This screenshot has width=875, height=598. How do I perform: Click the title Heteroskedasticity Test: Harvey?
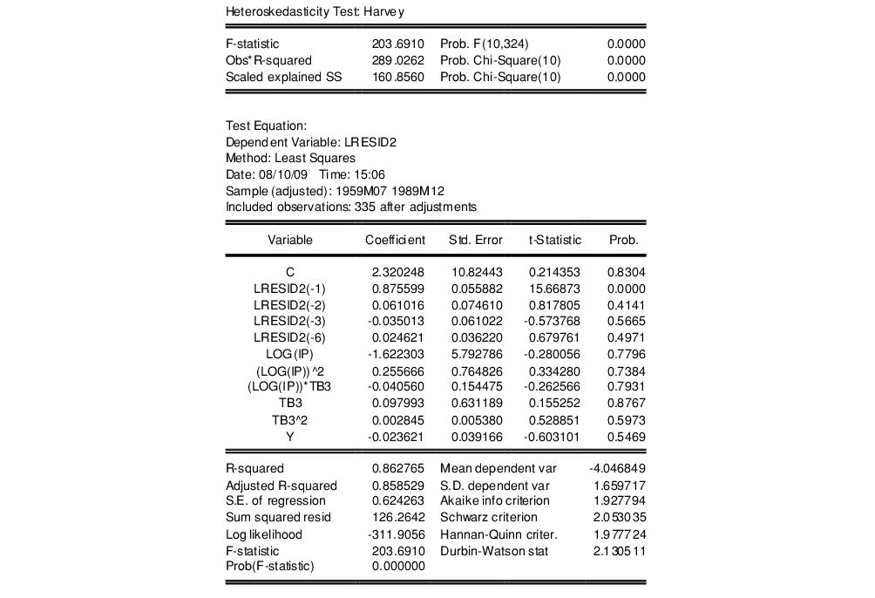pos(315,12)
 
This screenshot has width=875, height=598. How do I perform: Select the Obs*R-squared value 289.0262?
pos(398,60)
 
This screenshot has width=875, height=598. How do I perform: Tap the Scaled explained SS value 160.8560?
pos(398,77)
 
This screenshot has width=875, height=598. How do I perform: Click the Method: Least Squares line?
pos(290,159)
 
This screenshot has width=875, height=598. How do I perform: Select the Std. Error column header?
pos(476,240)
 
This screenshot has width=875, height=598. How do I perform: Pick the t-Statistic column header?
pos(554,240)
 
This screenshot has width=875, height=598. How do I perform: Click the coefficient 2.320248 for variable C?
pos(398,273)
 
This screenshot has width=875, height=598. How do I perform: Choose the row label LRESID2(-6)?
pos(289,338)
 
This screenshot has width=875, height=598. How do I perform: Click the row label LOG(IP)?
pos(289,354)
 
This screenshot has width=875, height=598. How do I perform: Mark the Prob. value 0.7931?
pos(626,387)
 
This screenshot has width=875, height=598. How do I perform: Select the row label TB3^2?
pos(289,420)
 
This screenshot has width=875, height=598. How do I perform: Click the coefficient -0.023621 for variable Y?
pos(397,436)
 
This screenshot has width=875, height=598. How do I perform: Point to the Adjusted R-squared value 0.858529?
pos(398,486)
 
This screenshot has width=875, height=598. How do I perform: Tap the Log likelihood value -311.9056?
pos(397,534)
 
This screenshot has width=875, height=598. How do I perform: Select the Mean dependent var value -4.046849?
pos(616,469)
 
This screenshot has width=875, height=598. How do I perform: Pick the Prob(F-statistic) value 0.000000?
pos(398,567)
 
